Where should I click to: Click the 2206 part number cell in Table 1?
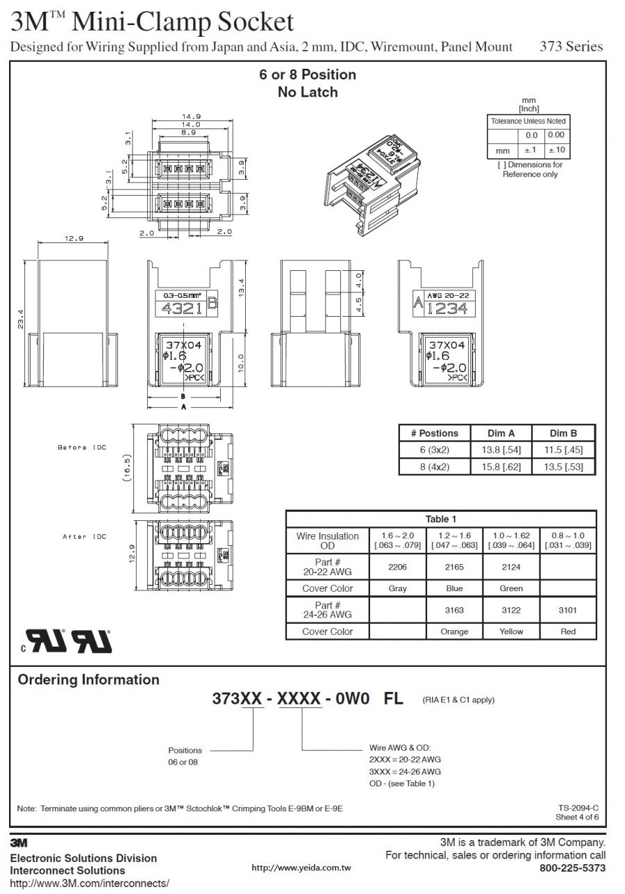pos(397,567)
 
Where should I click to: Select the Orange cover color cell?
pos(454,631)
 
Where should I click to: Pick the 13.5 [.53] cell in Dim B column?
pos(563,466)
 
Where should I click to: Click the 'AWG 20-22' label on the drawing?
pos(444,295)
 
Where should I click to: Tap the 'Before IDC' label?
pos(81,447)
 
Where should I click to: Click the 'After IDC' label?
pos(84,537)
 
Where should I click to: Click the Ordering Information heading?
pos(88,679)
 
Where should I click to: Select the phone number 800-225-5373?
pos(572,868)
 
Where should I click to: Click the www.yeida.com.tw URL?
pos(301,868)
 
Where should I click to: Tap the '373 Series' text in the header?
pos(571,47)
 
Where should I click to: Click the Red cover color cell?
pos(567,631)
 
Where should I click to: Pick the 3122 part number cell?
pos(511,610)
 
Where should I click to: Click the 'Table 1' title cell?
pos(441,519)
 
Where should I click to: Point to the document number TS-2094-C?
pos(578,808)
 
